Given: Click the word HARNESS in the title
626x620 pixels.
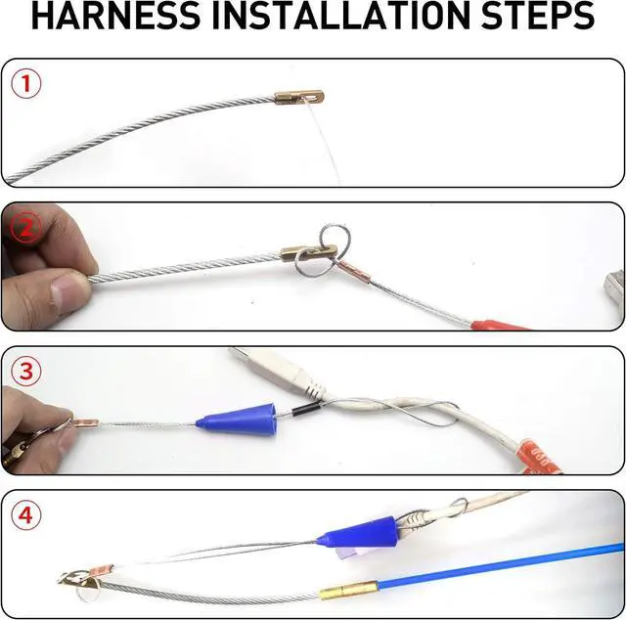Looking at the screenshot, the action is point(116,16).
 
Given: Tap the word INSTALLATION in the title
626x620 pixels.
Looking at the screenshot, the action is point(340,16).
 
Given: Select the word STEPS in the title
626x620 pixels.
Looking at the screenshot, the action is point(538,16).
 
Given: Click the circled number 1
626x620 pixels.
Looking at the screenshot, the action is point(26,84).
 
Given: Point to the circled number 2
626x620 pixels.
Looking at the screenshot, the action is point(25,227).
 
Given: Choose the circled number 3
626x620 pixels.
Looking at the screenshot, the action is point(26,371).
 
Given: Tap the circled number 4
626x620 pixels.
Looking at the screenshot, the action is point(26,515).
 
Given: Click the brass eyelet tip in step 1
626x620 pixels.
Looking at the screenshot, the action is point(299,98).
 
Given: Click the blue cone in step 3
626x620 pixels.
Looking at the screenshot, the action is point(237,420).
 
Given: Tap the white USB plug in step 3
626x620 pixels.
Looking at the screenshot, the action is point(280,372).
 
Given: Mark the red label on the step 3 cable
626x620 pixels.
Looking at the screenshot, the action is point(540,457).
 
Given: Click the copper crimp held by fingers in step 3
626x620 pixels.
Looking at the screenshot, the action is point(85,422).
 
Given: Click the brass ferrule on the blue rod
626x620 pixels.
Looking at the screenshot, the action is point(349,589).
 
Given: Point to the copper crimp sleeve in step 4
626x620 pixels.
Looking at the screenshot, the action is point(103,570).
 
